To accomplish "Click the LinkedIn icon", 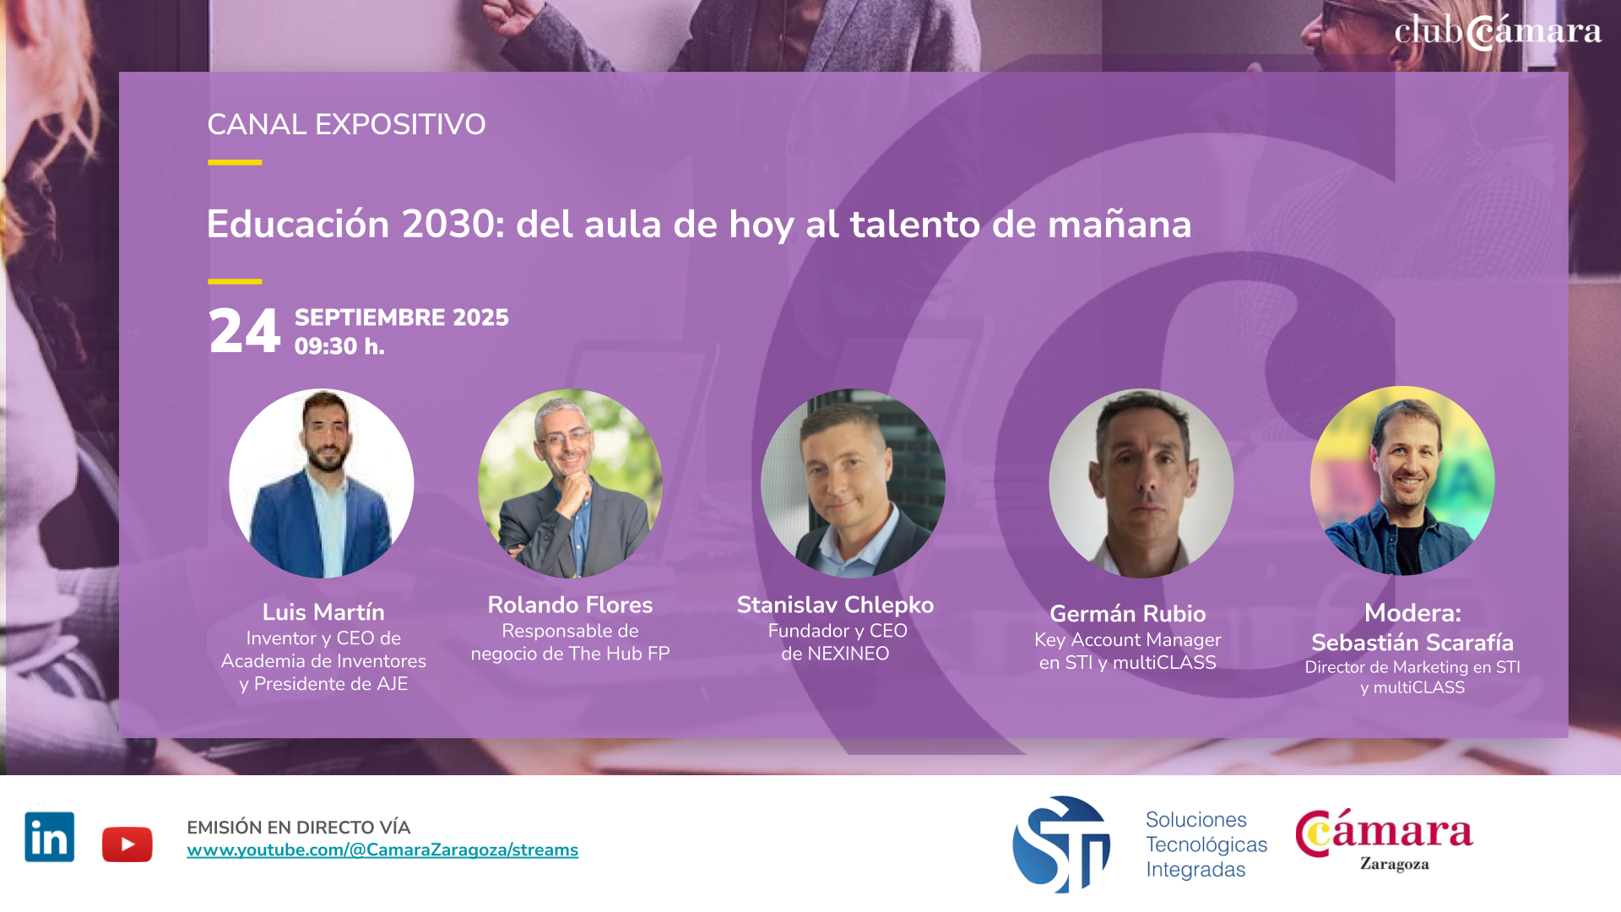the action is pos(50,837).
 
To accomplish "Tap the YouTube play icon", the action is pos(127,844).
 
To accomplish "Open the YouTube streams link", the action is pos(382,850).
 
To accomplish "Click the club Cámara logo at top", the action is pos(1498,31).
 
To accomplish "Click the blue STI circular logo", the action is pos(1061,844).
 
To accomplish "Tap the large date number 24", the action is pos(245,331).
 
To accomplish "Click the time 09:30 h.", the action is pos(339,346).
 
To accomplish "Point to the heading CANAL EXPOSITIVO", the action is pos(346,125).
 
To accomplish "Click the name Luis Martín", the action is pos(323,612).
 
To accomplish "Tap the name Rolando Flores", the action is pos(570,605).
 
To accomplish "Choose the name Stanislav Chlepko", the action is pos(835,605).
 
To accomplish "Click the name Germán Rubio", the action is pos(1128,614).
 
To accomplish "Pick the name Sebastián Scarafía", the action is pos(1412,643).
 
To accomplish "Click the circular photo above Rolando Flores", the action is pos(571,484).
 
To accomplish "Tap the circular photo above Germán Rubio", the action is pos(1141,484).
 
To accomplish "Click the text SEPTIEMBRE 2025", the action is pos(402,318).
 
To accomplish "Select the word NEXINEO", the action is pos(848,654).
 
